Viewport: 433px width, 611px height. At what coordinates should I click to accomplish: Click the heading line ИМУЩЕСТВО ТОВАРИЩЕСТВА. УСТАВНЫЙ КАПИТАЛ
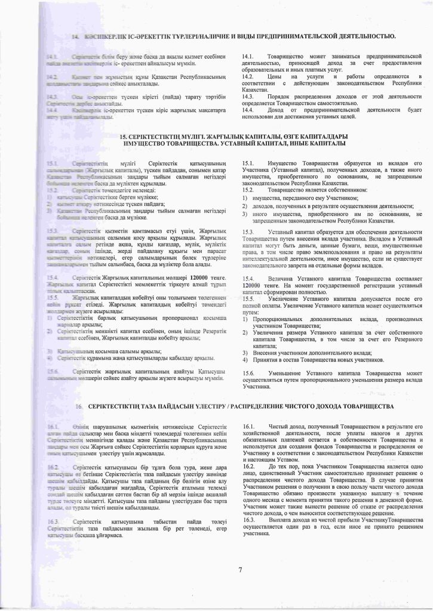pyautogui.click(x=234, y=144)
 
